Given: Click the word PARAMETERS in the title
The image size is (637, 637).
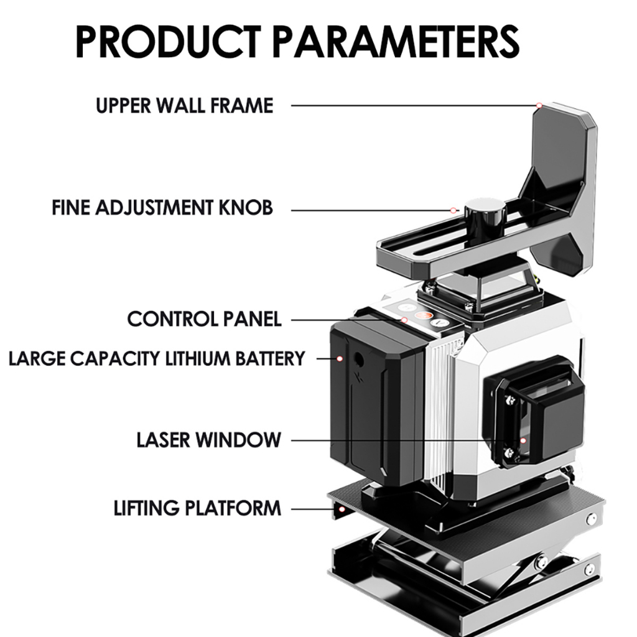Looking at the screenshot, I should click(396, 42).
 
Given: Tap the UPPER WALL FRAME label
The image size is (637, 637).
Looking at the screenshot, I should click(184, 106).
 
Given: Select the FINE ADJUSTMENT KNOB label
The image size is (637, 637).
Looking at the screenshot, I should click(162, 208).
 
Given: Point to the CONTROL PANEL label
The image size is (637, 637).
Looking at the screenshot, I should click(204, 319).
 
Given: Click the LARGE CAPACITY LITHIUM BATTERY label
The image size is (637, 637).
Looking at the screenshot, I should click(157, 358).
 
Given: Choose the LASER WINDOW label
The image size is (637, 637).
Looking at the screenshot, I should click(208, 440).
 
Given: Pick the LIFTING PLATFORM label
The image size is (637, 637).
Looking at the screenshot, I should click(197, 508).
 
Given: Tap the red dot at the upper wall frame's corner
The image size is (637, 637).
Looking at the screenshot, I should click(539, 106).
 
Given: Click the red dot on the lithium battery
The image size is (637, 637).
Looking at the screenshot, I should click(340, 358).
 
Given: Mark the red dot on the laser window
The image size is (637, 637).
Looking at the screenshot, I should click(523, 440).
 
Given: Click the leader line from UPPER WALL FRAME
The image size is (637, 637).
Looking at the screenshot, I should click(411, 106).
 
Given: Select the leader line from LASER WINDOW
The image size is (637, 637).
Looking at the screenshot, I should click(398, 440).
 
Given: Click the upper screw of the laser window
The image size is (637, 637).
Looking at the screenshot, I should click(510, 401).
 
